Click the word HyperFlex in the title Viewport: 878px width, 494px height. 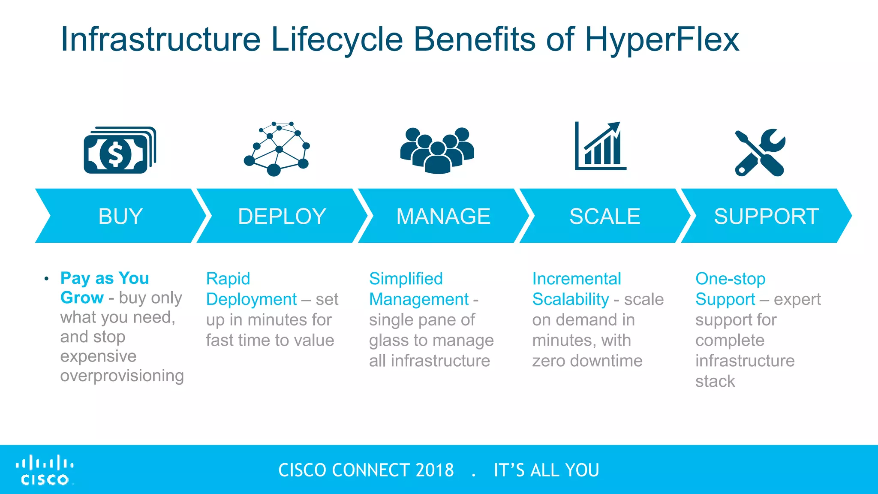tap(662, 39)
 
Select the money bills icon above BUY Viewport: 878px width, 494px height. tap(120, 150)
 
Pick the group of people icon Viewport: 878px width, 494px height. tap(437, 150)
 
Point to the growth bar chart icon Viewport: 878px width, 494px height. tap(600, 146)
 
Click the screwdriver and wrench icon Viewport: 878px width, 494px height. tap(760, 153)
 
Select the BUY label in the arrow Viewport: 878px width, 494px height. tap(120, 216)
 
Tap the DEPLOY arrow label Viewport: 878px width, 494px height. tap(282, 216)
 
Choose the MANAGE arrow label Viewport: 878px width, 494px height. tap(443, 216)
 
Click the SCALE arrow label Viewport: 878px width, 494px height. tap(604, 216)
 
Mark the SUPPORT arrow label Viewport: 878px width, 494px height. tap(766, 216)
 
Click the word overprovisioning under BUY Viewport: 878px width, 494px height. tap(122, 376)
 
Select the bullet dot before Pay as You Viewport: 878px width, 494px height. tap(46, 279)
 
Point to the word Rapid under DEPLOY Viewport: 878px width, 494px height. tap(228, 279)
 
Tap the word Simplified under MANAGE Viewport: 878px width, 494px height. tap(406, 279)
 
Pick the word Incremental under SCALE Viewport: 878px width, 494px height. tap(576, 279)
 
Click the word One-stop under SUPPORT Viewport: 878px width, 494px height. tap(730, 279)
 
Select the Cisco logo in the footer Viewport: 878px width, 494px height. tap(45, 470)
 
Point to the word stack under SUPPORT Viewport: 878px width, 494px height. tap(715, 381)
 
